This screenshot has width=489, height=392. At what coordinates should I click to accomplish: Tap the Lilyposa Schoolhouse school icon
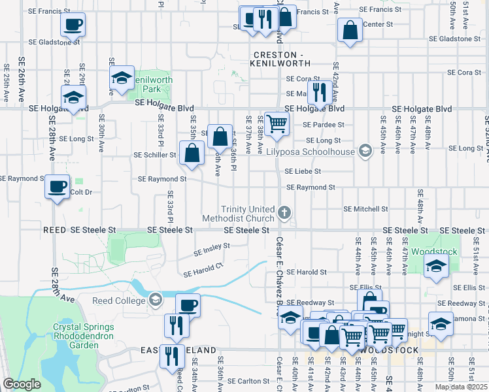pos(365,152)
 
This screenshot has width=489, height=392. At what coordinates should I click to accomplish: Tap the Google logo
pos(22,384)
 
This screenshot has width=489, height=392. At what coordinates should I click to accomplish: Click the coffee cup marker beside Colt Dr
pos(57,187)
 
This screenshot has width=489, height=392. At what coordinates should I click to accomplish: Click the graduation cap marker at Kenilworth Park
pos(122,78)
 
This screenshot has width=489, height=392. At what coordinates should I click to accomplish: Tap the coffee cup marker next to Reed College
pos(188,304)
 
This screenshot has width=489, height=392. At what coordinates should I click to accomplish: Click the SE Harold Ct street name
pos(203,269)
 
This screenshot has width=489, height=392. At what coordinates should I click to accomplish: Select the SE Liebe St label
pos(303,171)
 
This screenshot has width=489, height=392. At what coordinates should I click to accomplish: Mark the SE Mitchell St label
pos(366,209)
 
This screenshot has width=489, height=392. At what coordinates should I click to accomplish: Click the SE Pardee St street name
pos(323,124)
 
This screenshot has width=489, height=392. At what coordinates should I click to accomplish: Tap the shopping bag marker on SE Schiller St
pos(192,154)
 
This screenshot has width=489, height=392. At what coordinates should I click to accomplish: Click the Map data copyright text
pos(462,387)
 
